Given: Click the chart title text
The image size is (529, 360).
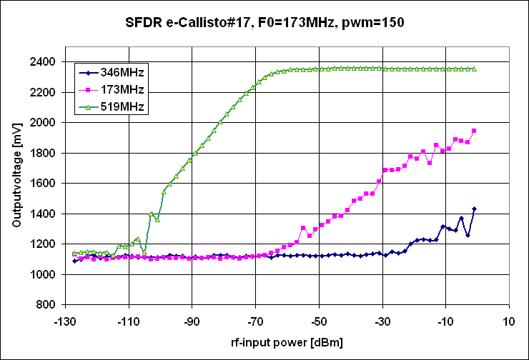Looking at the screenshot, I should (264, 22).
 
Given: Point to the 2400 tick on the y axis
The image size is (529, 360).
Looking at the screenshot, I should (45, 62).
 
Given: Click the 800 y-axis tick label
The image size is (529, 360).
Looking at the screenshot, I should (48, 305).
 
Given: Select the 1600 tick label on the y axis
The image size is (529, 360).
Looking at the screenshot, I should (45, 184).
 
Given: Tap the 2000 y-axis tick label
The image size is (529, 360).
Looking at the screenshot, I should (45, 123).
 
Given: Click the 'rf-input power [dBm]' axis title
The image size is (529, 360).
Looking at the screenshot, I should (289, 342).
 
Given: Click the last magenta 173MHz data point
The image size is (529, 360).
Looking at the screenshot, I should (474, 131).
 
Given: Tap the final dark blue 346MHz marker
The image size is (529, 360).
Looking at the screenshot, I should (474, 209).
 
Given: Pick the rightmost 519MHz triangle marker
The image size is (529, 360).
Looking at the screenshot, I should (474, 69).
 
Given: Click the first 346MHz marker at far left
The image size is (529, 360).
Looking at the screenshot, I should (74, 261).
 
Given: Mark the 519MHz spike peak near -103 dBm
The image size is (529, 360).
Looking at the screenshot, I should (151, 214).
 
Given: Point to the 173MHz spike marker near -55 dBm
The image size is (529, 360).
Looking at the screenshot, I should (303, 228).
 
